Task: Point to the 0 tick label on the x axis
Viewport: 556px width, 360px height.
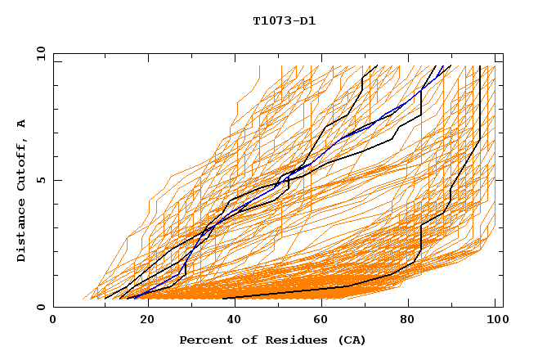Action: click(x=53, y=320)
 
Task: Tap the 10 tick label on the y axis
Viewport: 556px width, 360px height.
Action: click(x=39, y=53)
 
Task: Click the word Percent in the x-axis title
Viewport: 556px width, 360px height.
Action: click(x=203, y=340)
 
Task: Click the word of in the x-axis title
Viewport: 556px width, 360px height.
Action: click(x=242, y=340)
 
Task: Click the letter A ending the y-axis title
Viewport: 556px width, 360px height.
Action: click(x=22, y=124)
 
